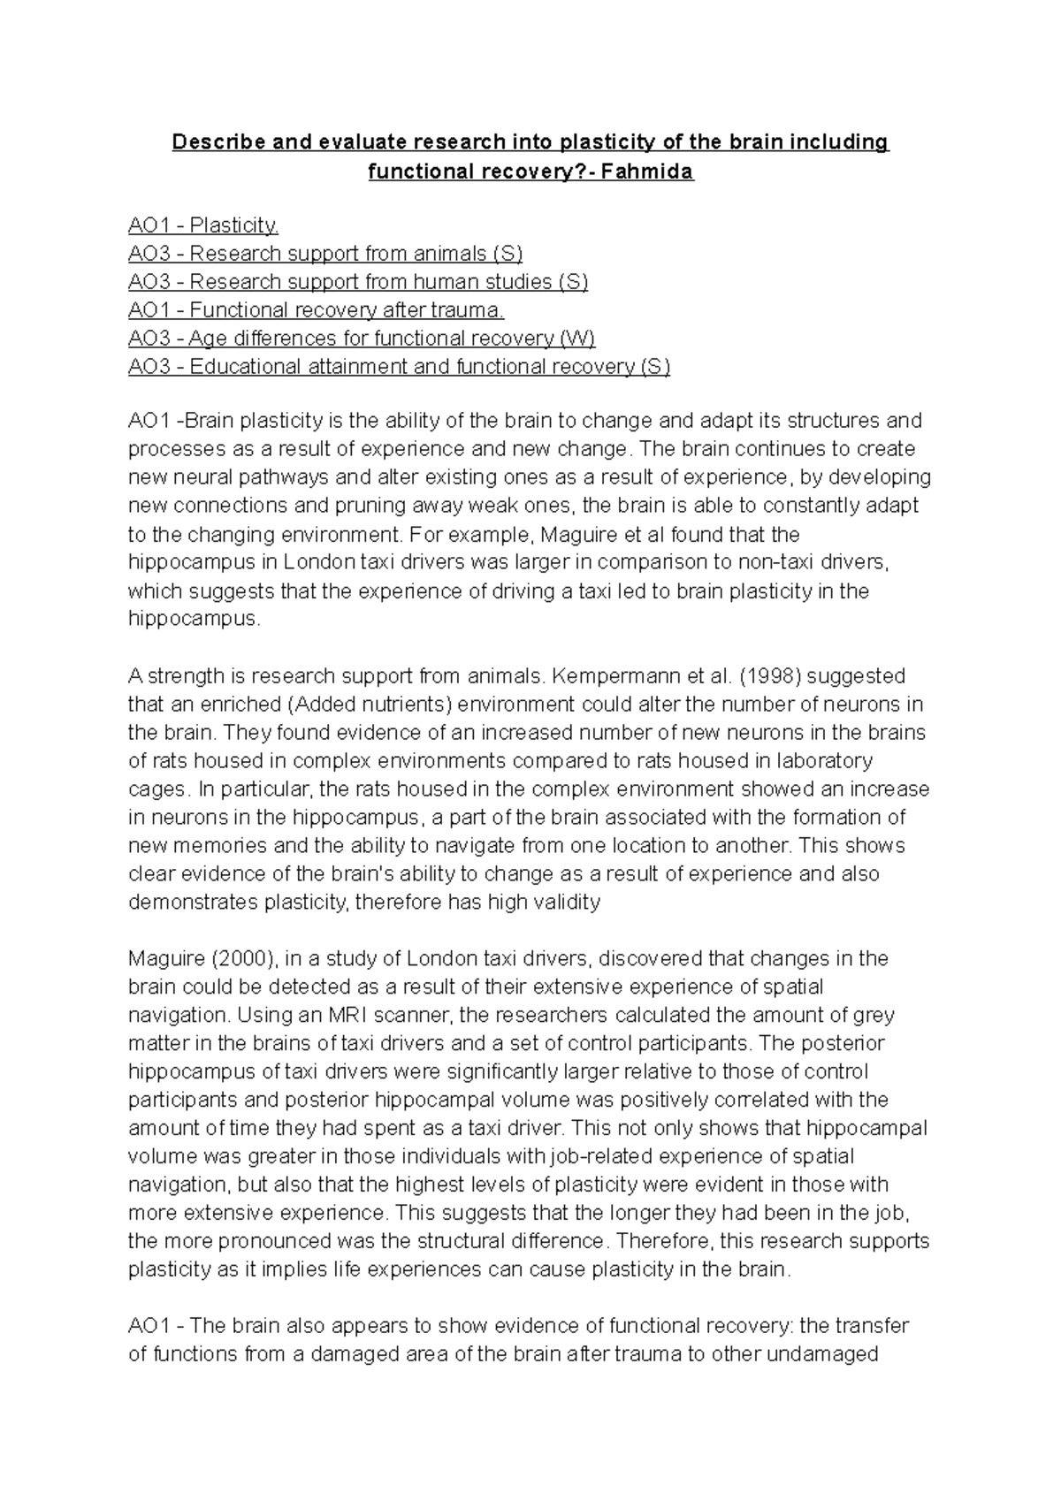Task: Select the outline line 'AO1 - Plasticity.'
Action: tap(203, 225)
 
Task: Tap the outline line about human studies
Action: tap(358, 282)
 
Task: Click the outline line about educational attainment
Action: tap(399, 367)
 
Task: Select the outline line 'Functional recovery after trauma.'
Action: tap(316, 310)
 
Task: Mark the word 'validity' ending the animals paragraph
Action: tap(569, 903)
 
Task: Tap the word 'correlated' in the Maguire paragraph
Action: tap(779, 1101)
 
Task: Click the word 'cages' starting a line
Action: tap(156, 789)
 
